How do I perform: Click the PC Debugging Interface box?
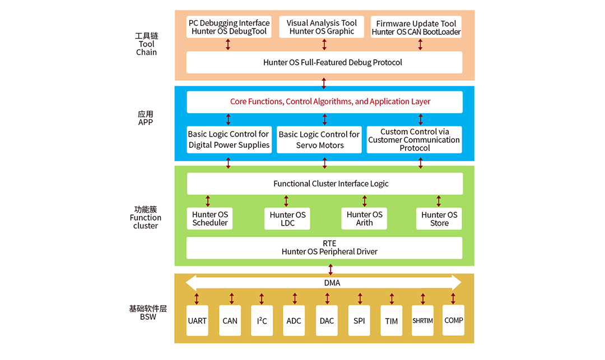[229, 27]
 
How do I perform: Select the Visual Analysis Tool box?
[322, 27]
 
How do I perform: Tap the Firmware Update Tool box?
[416, 27]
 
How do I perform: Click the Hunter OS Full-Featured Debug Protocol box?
[324, 62]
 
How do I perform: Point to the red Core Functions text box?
[324, 102]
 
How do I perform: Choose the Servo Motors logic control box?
[319, 140]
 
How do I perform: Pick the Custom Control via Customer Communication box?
[415, 140]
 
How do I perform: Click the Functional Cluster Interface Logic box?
[324, 184]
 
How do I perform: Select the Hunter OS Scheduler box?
[210, 218]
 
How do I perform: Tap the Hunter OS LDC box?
[287, 218]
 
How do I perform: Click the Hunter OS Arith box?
[364, 218]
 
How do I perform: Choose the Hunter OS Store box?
[439, 218]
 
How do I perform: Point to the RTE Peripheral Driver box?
[324, 247]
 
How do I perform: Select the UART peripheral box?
[197, 321]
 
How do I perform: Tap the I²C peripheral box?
[262, 321]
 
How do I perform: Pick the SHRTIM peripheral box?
[423, 321]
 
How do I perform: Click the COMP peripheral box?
[454, 320]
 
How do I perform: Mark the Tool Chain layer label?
[146, 44]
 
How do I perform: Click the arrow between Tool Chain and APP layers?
[324, 83]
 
